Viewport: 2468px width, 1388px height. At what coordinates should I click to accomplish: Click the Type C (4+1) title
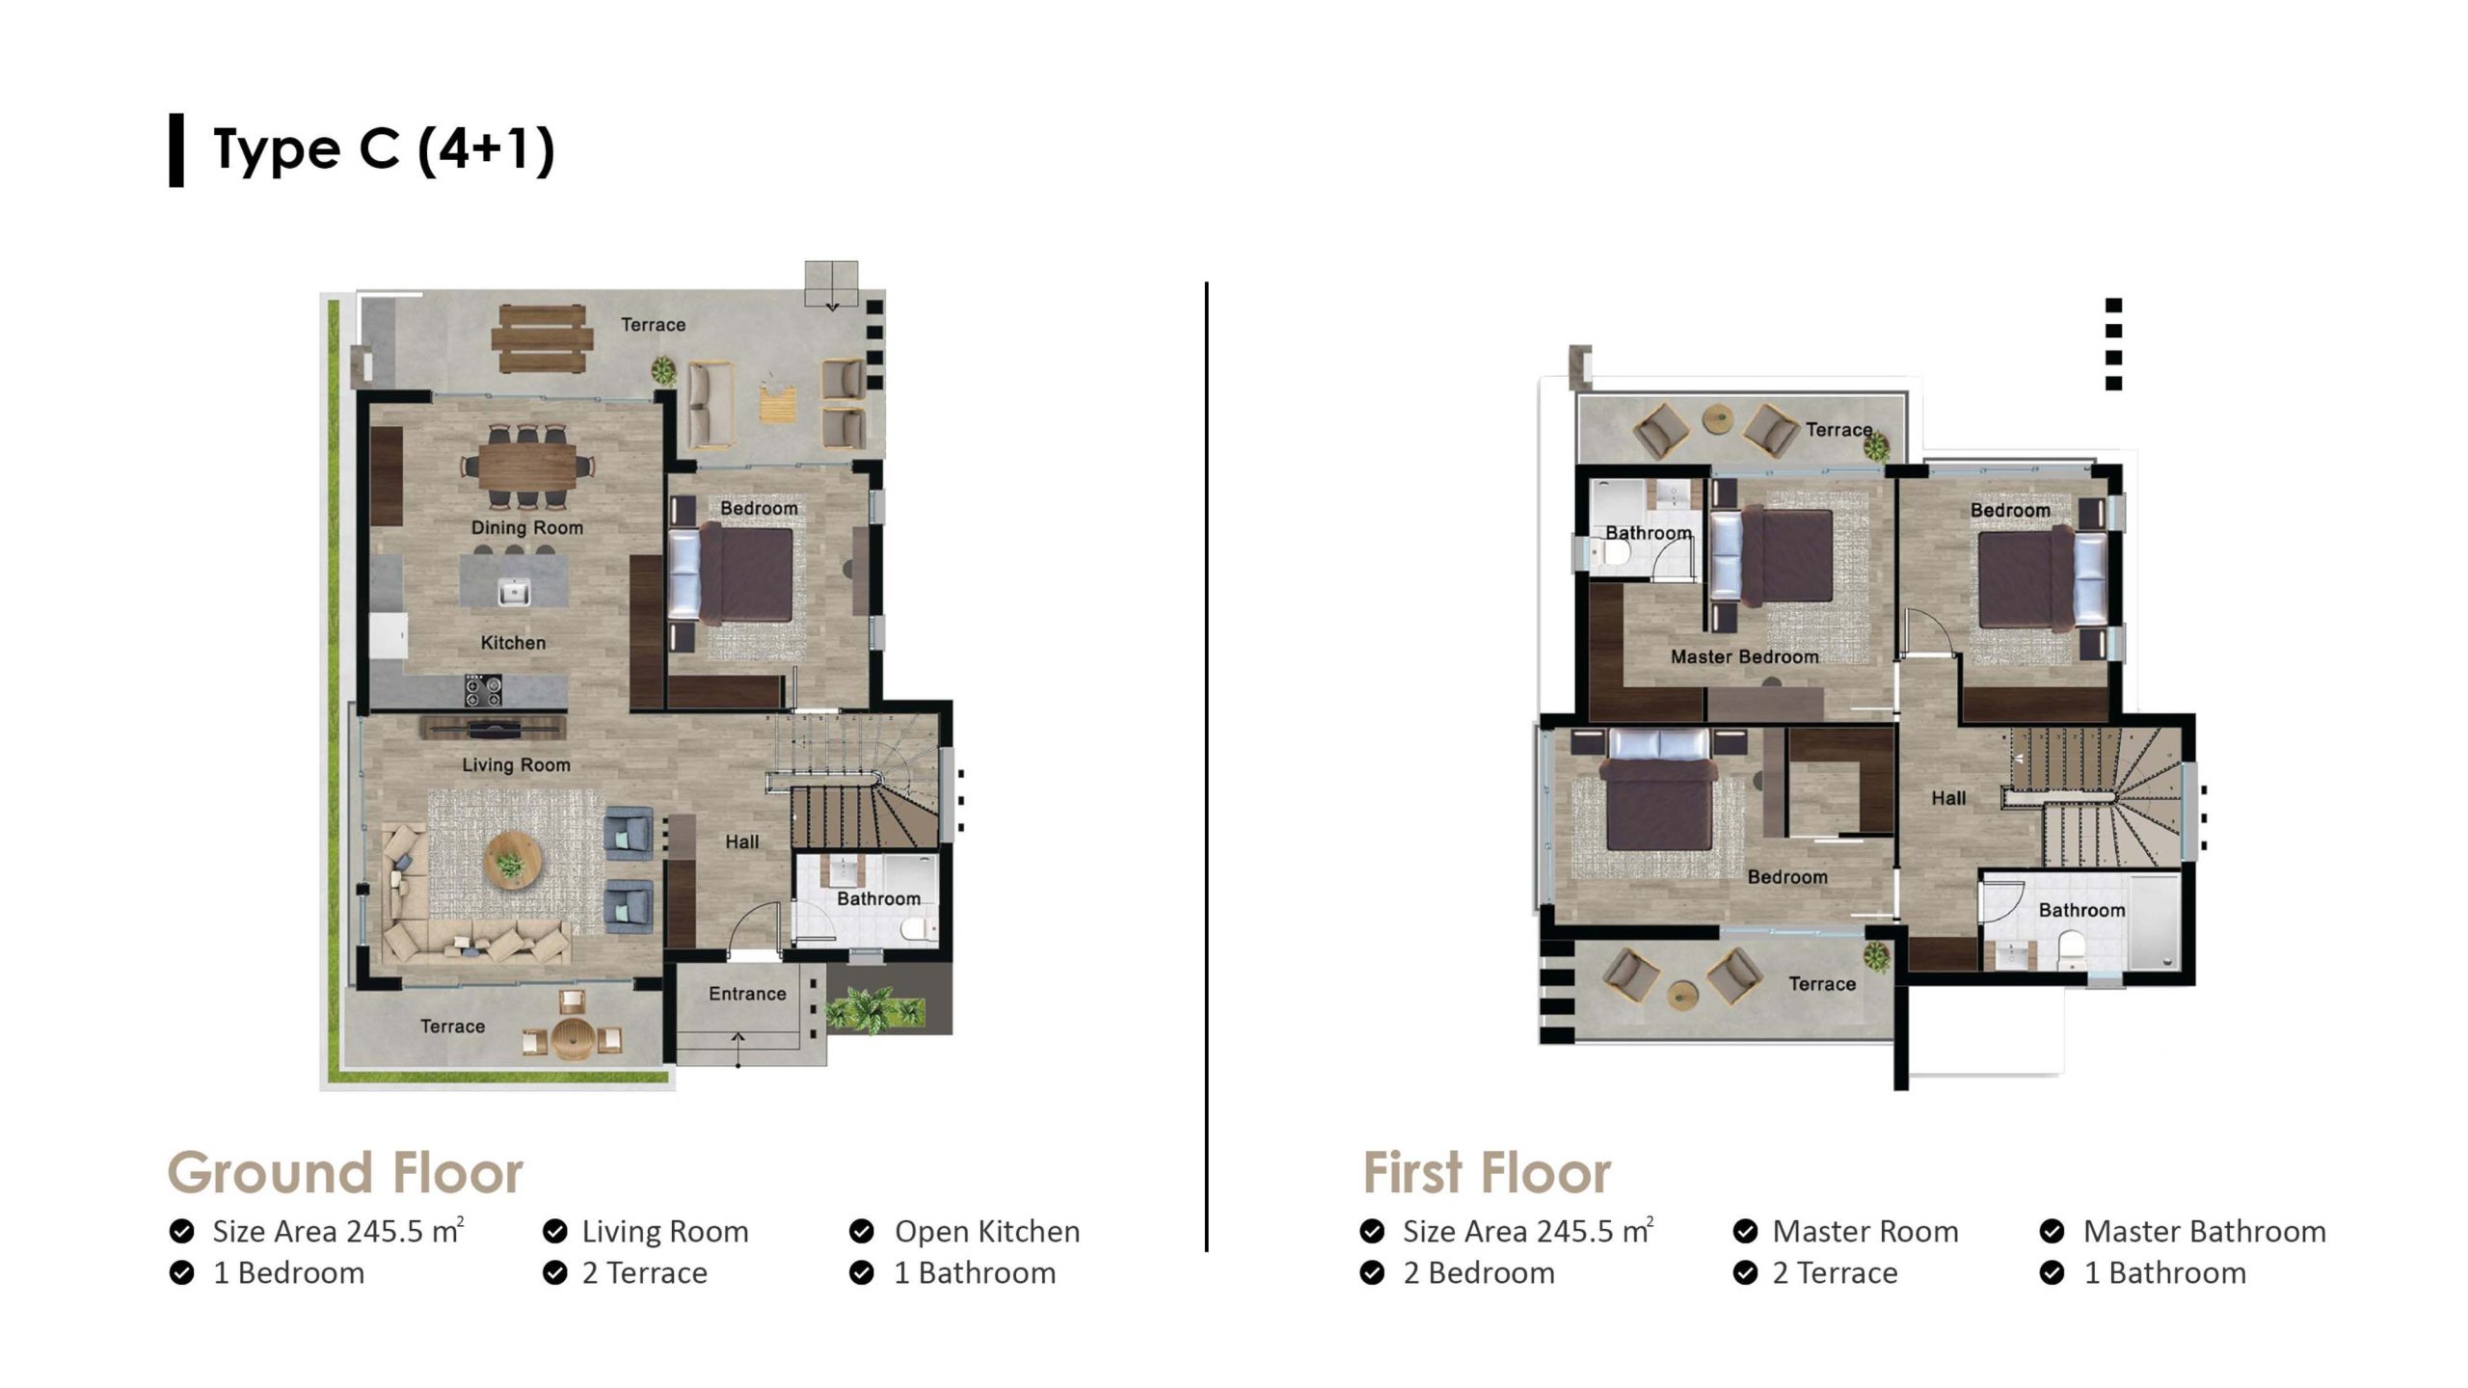(x=384, y=149)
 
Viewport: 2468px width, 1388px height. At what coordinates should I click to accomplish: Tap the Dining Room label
(x=527, y=527)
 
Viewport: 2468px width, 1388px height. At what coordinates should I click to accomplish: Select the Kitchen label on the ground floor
(x=513, y=642)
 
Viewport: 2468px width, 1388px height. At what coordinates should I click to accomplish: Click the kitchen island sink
(x=514, y=590)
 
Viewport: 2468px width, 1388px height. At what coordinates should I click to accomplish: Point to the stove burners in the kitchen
(x=483, y=690)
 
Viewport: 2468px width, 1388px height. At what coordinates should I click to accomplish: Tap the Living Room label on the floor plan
(x=516, y=764)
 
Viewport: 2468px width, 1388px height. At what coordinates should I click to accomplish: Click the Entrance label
(x=747, y=993)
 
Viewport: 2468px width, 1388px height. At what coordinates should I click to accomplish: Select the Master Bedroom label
(x=1744, y=656)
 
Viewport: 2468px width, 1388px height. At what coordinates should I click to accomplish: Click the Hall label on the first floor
(x=1948, y=798)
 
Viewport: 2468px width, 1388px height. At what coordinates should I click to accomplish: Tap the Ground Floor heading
(x=345, y=1172)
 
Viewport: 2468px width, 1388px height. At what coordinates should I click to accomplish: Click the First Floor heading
(x=1486, y=1172)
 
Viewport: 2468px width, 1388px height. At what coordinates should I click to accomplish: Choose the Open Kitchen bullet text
(x=987, y=1231)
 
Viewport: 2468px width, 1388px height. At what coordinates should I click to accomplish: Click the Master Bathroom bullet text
(x=2205, y=1231)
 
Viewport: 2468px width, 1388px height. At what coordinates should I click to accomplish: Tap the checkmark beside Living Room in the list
(x=554, y=1231)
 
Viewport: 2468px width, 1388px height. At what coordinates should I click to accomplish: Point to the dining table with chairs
(x=527, y=467)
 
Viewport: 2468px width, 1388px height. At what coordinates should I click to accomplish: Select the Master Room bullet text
(x=1865, y=1231)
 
